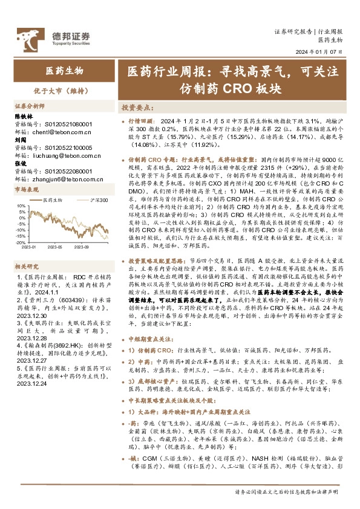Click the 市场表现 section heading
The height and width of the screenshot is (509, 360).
point(26,190)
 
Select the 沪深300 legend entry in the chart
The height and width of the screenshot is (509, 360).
point(99,199)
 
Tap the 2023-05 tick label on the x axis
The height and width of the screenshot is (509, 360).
point(55,247)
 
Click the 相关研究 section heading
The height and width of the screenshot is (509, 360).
point(26,266)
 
